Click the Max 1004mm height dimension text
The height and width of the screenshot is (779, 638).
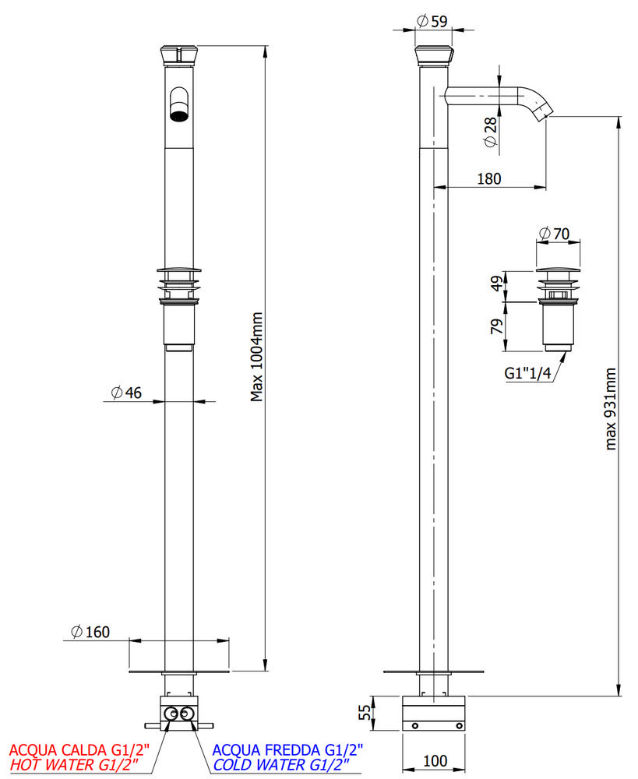pyautogui.click(x=257, y=357)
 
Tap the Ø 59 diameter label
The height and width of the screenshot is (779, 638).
pyautogui.click(x=432, y=22)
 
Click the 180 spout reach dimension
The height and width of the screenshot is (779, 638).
pyautogui.click(x=488, y=178)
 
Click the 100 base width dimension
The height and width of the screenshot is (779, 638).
pyautogui.click(x=436, y=760)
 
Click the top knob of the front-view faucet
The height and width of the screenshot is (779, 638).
pyautogui.click(x=179, y=55)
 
